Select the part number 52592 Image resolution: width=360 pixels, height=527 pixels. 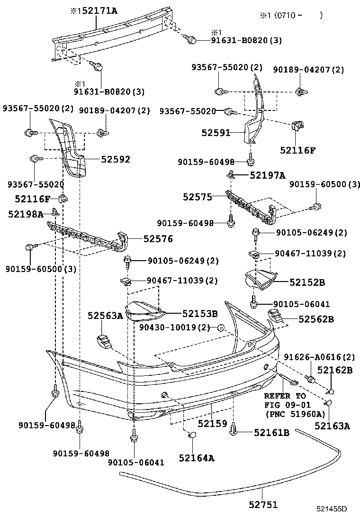click(115, 160)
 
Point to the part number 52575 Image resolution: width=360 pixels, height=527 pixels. click(198, 196)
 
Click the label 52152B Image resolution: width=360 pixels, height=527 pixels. click(307, 282)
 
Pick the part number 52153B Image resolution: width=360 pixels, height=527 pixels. click(200, 313)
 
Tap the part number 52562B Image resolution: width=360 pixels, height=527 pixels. click(316, 319)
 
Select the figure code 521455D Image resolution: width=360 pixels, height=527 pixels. click(332, 509)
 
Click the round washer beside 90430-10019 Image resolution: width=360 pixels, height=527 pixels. click(220, 327)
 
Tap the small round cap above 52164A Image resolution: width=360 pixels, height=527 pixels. click(192, 436)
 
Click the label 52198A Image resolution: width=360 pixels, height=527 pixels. click(25, 214)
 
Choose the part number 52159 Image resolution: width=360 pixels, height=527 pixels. click(213, 423)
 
